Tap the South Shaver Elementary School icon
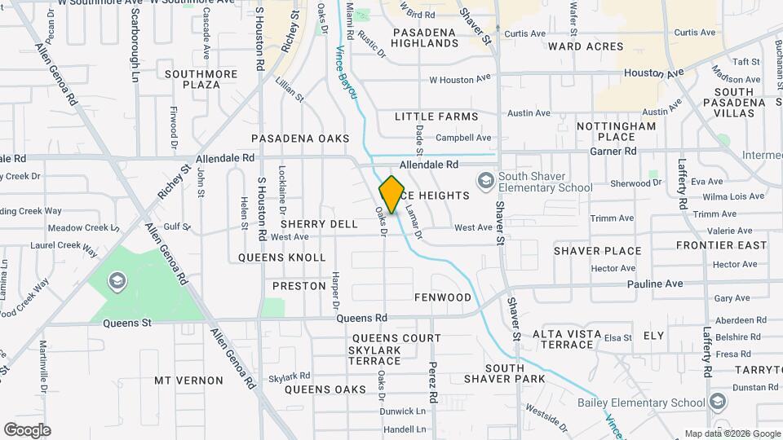pyautogui.click(x=486, y=179)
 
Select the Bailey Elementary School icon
pyautogui.click(x=717, y=402)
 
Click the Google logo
pyautogui.click(x=27, y=429)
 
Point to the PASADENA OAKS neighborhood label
pyautogui.click(x=300, y=139)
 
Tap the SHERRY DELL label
pyautogui.click(x=319, y=223)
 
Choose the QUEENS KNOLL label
pyautogui.click(x=282, y=257)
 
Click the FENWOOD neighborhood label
pyautogui.click(x=443, y=297)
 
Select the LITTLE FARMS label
pyautogui.click(x=436, y=117)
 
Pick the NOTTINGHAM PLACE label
pyautogui.click(x=616, y=131)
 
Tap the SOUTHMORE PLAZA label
pyautogui.click(x=201, y=79)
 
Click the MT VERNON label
pyautogui.click(x=188, y=381)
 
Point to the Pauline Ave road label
pyautogui.click(x=655, y=284)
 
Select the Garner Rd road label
pyautogui.click(x=613, y=151)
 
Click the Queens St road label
pyautogui.click(x=127, y=323)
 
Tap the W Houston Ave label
pyautogui.click(x=459, y=79)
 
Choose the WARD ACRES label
pyautogui.click(x=586, y=46)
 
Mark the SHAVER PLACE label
pyautogui.click(x=598, y=250)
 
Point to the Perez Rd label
pyautogui.click(x=433, y=380)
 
